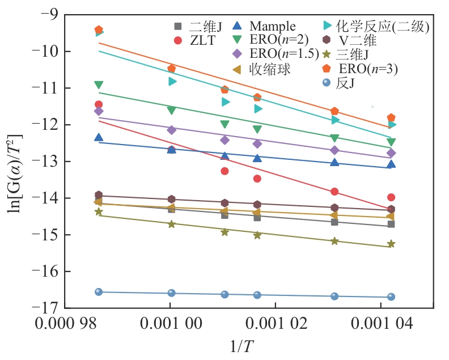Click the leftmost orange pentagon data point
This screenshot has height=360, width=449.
tap(99, 29)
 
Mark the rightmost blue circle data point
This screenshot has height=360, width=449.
tap(391, 297)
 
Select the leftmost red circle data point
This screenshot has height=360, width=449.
tap(99, 104)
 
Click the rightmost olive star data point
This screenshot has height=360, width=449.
tap(391, 244)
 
